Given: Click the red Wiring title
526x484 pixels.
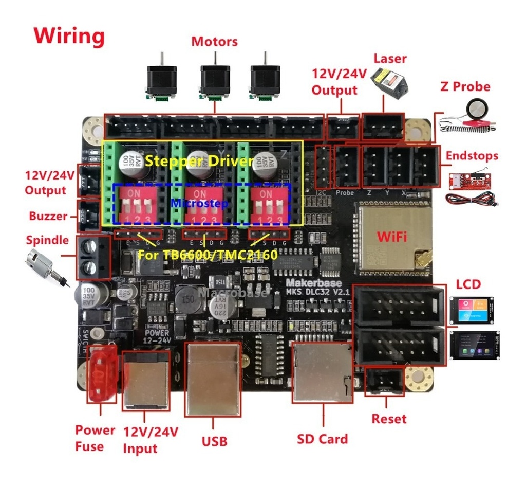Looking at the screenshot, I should (x=69, y=36).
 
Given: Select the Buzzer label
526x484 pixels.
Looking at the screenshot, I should (x=48, y=216).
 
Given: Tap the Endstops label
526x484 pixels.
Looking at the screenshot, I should (x=472, y=155).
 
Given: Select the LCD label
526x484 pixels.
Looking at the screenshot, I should (x=468, y=284).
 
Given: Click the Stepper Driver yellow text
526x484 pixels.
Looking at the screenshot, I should (x=199, y=161).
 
